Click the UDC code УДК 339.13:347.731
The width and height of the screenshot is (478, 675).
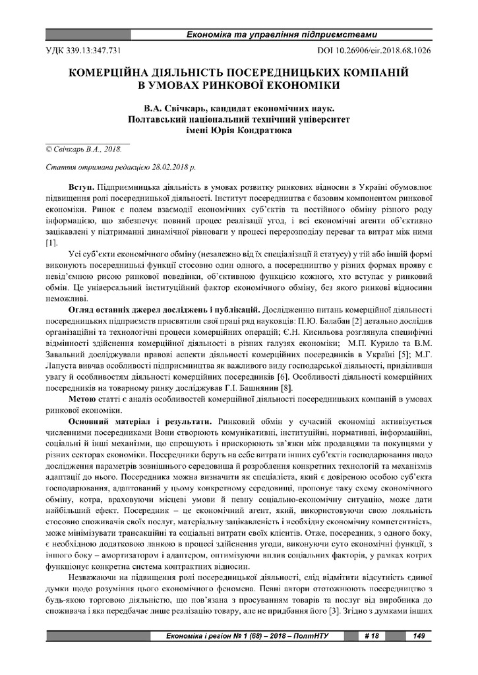tap(82, 49)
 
